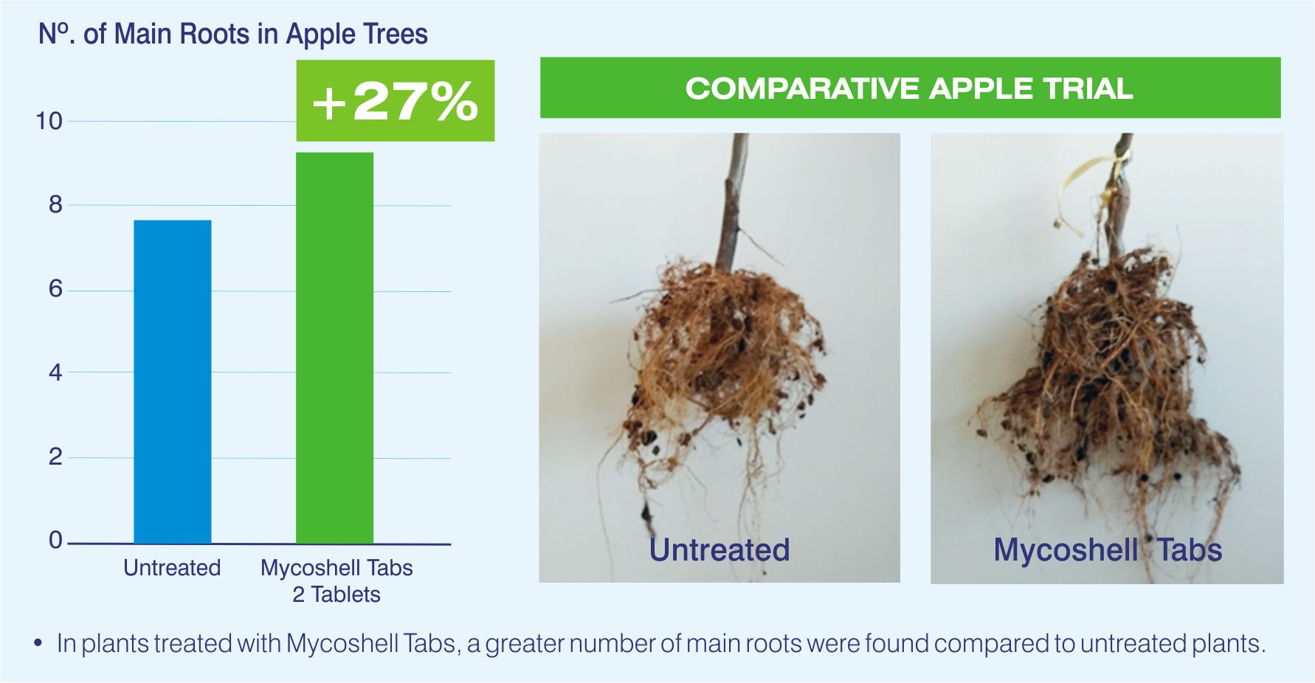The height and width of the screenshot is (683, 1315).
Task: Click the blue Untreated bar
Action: (x=173, y=381)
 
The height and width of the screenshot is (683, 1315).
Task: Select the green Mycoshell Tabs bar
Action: (x=334, y=348)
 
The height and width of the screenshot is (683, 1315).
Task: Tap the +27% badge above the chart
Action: (x=396, y=100)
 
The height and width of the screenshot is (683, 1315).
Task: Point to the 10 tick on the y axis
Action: (x=49, y=121)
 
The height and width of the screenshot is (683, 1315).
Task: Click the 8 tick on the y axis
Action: (x=55, y=204)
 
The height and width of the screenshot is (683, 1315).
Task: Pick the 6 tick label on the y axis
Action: (x=55, y=288)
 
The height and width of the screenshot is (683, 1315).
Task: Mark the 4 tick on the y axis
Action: (x=55, y=372)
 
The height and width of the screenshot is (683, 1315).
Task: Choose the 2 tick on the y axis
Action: (x=55, y=457)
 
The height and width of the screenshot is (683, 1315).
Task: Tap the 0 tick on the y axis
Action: (x=55, y=540)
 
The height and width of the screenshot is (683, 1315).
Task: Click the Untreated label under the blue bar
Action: (x=172, y=567)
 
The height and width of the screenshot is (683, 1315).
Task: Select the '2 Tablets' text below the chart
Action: (x=336, y=594)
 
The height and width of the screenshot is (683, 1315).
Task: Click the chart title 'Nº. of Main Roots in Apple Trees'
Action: (x=233, y=35)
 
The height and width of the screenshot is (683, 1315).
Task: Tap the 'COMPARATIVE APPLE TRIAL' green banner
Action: (x=910, y=88)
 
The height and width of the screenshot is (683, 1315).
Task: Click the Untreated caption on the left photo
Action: (x=719, y=549)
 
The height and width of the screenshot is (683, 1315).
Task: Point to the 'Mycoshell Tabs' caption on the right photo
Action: (x=1108, y=550)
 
